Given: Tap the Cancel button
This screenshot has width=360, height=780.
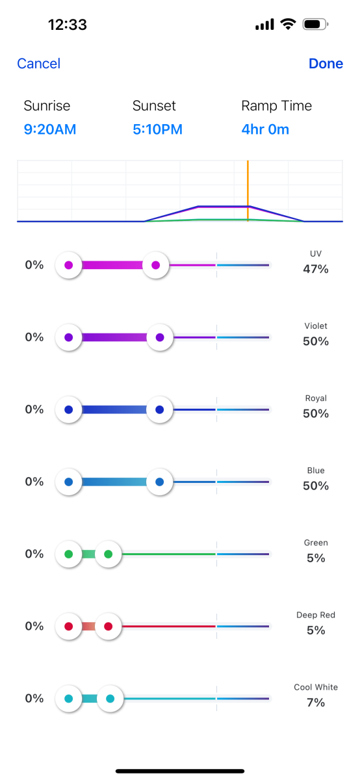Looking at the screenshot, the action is pos(38,64).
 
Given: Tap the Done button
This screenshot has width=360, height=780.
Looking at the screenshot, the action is pos(326,64).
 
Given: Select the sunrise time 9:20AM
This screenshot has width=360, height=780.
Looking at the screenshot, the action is pos(50,129).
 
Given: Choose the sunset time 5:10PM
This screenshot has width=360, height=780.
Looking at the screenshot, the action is pos(157,129).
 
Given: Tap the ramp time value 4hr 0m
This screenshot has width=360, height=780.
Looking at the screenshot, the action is pos(265,129).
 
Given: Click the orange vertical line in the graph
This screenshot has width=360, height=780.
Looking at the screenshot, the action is pos(248,190).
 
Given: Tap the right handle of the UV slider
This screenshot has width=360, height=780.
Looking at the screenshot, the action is pos(155,265).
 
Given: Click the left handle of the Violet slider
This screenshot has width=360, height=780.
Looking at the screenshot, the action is pos(69,337).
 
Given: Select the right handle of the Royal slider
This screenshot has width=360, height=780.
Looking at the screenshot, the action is pos(159,410).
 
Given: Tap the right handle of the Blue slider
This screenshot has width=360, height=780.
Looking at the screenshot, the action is pos(159,482).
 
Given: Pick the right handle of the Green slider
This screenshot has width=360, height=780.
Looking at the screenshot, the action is pos(109,554).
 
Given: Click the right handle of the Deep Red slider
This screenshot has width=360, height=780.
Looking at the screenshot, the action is pos(109,627).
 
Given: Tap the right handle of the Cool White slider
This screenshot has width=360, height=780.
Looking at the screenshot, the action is pos(110,699).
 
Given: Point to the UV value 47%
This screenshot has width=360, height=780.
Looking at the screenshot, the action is pos(316,269).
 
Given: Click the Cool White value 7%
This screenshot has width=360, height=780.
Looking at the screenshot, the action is pos(316,703).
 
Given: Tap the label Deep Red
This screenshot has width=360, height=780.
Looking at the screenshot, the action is pos(316,615).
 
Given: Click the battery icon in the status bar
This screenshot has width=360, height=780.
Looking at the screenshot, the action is pos(315,25).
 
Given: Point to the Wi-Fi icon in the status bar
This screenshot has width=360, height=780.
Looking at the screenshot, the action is pos(288,24).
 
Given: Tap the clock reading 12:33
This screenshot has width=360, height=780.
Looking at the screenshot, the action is pos(68,25).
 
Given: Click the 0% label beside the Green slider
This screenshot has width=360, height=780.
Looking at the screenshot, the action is pos(34,554).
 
